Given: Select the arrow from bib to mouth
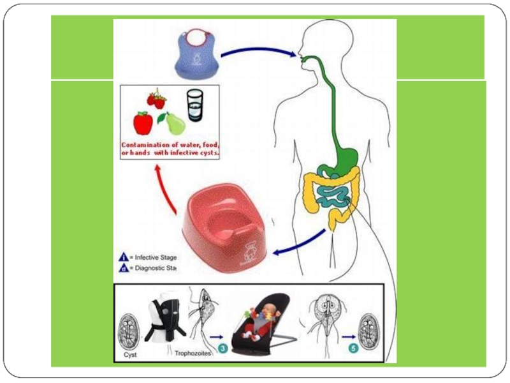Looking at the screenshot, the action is pyautogui.click(x=258, y=51).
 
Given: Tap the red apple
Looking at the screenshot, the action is pyautogui.click(x=142, y=121).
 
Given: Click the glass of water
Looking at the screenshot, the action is pyautogui.click(x=194, y=103).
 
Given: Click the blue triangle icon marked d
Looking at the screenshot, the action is pyautogui.click(x=122, y=269).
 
